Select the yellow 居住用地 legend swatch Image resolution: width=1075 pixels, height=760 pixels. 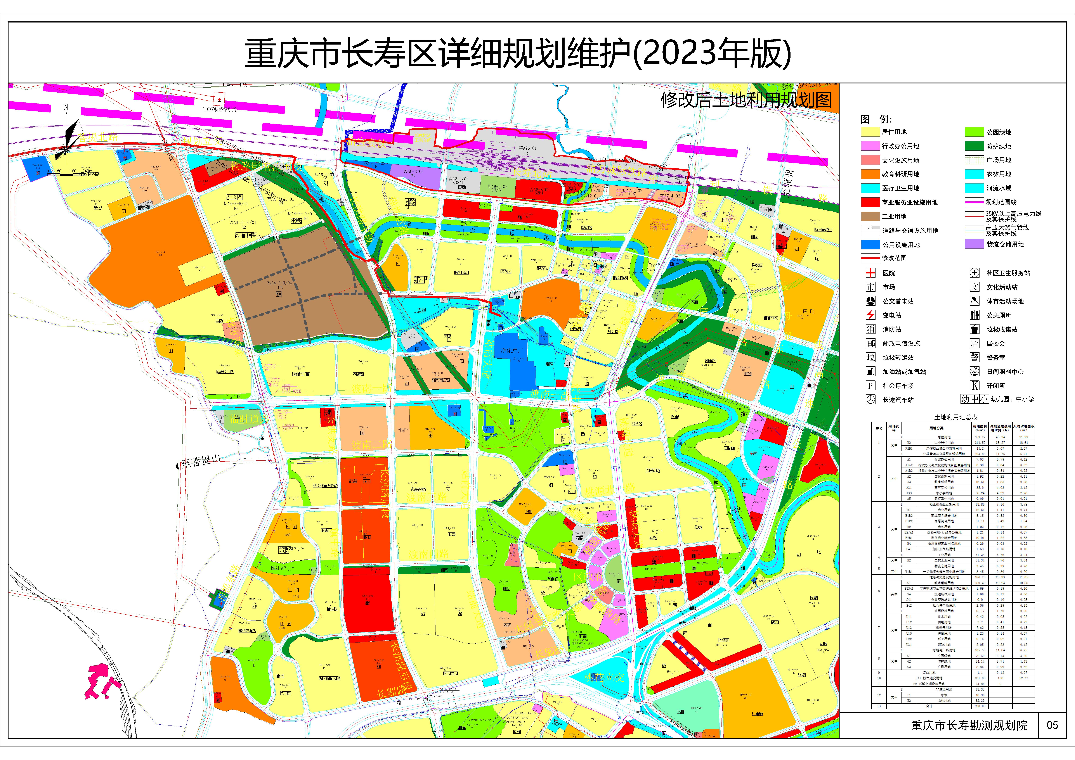click(x=870, y=132)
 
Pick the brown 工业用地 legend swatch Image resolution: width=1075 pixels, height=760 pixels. click(x=870, y=216)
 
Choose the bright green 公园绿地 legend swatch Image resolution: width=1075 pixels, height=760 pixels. click(x=974, y=132)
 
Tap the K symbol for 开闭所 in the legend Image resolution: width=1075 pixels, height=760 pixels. click(x=974, y=386)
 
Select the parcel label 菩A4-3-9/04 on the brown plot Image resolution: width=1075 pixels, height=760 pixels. click(x=279, y=283)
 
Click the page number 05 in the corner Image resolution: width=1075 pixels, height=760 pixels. click(x=1052, y=725)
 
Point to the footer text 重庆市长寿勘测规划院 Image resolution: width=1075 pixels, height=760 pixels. click(x=969, y=725)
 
